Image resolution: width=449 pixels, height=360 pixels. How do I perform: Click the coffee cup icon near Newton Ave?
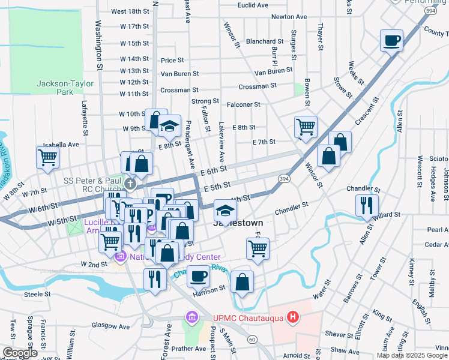coord(391,41)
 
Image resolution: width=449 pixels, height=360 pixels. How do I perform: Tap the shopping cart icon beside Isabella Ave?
coord(47,158)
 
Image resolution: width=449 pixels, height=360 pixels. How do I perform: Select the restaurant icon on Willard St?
coord(367,205)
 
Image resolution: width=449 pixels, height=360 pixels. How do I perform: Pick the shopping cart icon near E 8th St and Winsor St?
coord(306,127)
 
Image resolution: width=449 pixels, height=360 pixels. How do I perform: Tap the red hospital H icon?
coord(292,317)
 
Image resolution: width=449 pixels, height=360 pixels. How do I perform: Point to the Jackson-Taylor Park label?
coord(55,88)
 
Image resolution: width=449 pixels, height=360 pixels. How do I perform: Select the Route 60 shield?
coord(252,340)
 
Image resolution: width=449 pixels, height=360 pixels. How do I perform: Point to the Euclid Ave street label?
coord(253,5)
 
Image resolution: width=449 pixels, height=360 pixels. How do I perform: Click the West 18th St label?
coord(130,11)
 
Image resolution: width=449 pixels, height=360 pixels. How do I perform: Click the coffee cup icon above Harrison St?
coord(198,277)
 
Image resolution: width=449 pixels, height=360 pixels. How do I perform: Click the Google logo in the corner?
coord(20,353)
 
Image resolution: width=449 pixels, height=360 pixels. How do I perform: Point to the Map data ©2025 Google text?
coord(412,355)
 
